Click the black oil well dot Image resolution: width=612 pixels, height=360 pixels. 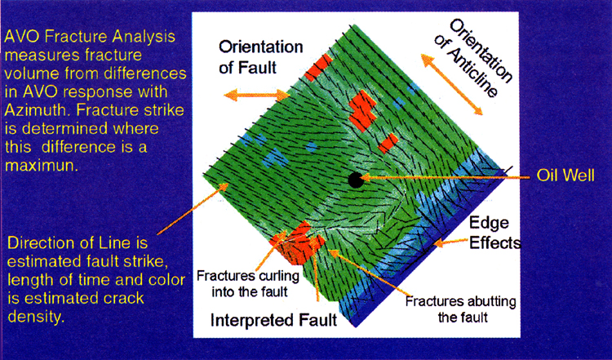[356, 180]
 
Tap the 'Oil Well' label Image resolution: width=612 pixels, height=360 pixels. [565, 176]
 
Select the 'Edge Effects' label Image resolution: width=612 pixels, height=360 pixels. [494, 233]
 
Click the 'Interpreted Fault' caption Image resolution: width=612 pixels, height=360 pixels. [273, 320]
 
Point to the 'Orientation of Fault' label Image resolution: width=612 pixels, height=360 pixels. [261, 57]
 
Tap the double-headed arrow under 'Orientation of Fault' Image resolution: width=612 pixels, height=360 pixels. [256, 95]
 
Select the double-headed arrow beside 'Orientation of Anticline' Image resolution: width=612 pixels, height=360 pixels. [451, 84]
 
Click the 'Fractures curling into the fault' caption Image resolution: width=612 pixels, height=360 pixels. [248, 283]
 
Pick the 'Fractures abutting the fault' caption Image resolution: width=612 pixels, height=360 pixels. [460, 309]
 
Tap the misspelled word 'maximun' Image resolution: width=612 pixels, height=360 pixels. [41, 166]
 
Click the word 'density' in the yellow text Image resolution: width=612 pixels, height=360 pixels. [36, 317]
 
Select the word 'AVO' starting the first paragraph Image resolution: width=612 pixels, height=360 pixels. [22, 36]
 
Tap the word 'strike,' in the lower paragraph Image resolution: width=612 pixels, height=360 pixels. [144, 261]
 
